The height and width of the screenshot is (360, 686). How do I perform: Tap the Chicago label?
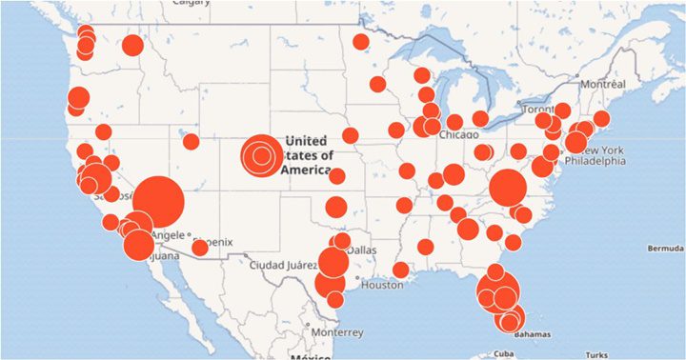click(x=458, y=136)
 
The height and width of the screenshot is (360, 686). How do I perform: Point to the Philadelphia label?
click(x=595, y=161)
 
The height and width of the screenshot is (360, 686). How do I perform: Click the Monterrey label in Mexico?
click(x=336, y=332)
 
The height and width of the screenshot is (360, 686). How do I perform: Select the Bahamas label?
click(x=533, y=335)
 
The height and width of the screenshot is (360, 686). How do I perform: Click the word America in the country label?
click(x=307, y=169)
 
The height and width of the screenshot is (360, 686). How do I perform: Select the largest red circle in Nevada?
click(x=158, y=201)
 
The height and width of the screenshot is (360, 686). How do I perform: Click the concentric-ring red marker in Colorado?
click(x=259, y=154)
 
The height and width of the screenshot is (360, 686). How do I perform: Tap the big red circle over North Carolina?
click(x=509, y=188)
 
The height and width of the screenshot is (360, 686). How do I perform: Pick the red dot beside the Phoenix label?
click(x=199, y=248)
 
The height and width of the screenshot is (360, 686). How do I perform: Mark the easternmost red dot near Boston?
click(x=601, y=119)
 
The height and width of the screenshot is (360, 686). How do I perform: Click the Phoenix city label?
click(x=212, y=234)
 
